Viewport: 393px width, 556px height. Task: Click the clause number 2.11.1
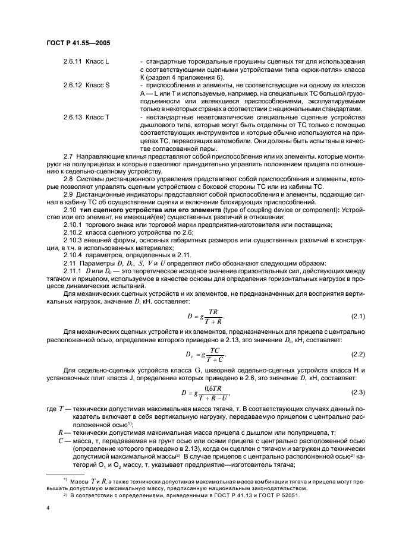[73, 271]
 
